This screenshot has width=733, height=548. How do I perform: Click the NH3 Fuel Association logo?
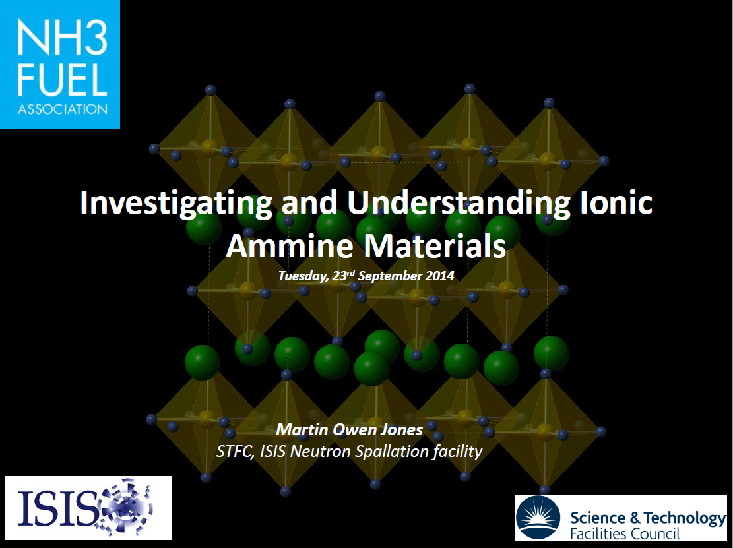pyautogui.click(x=59, y=64)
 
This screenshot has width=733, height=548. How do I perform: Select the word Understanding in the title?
pyautogui.click(x=459, y=202)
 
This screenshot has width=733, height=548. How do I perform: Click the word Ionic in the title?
pyautogui.click(x=616, y=202)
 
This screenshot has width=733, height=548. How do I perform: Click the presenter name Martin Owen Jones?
pyautogui.click(x=349, y=430)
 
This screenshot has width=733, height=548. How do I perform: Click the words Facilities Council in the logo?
pyautogui.click(x=624, y=533)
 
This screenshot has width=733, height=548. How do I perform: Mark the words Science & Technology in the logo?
pyautogui.click(x=647, y=518)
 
